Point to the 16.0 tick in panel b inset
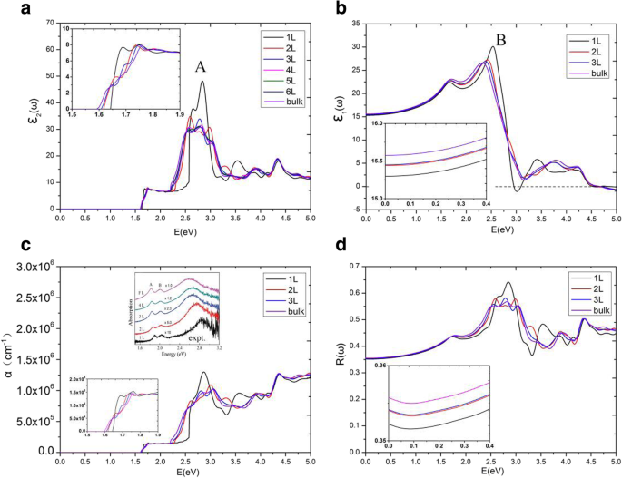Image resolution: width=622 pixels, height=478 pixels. [x=373, y=133]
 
